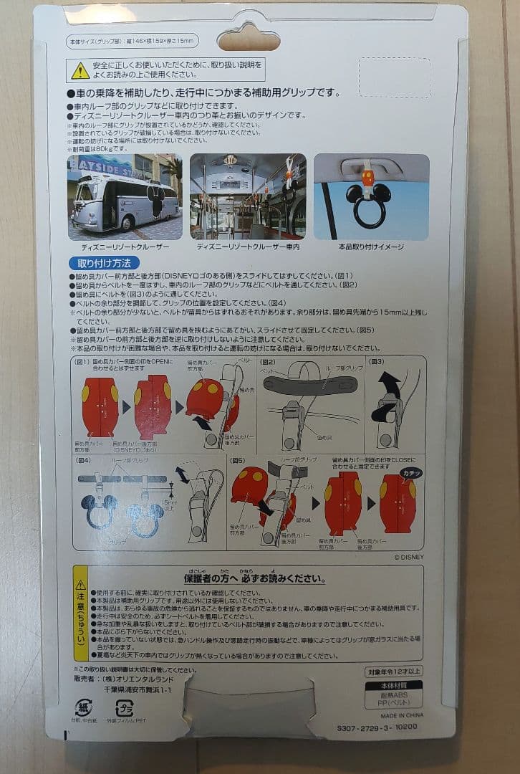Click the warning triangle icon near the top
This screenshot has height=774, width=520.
80,70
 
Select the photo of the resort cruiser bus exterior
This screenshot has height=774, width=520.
125,196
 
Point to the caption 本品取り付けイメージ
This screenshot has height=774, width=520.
371,247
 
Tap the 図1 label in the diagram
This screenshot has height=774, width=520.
82,363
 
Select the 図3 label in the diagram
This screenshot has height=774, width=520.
376,363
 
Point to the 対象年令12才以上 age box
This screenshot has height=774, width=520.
393,672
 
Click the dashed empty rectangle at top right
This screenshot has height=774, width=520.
394,77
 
